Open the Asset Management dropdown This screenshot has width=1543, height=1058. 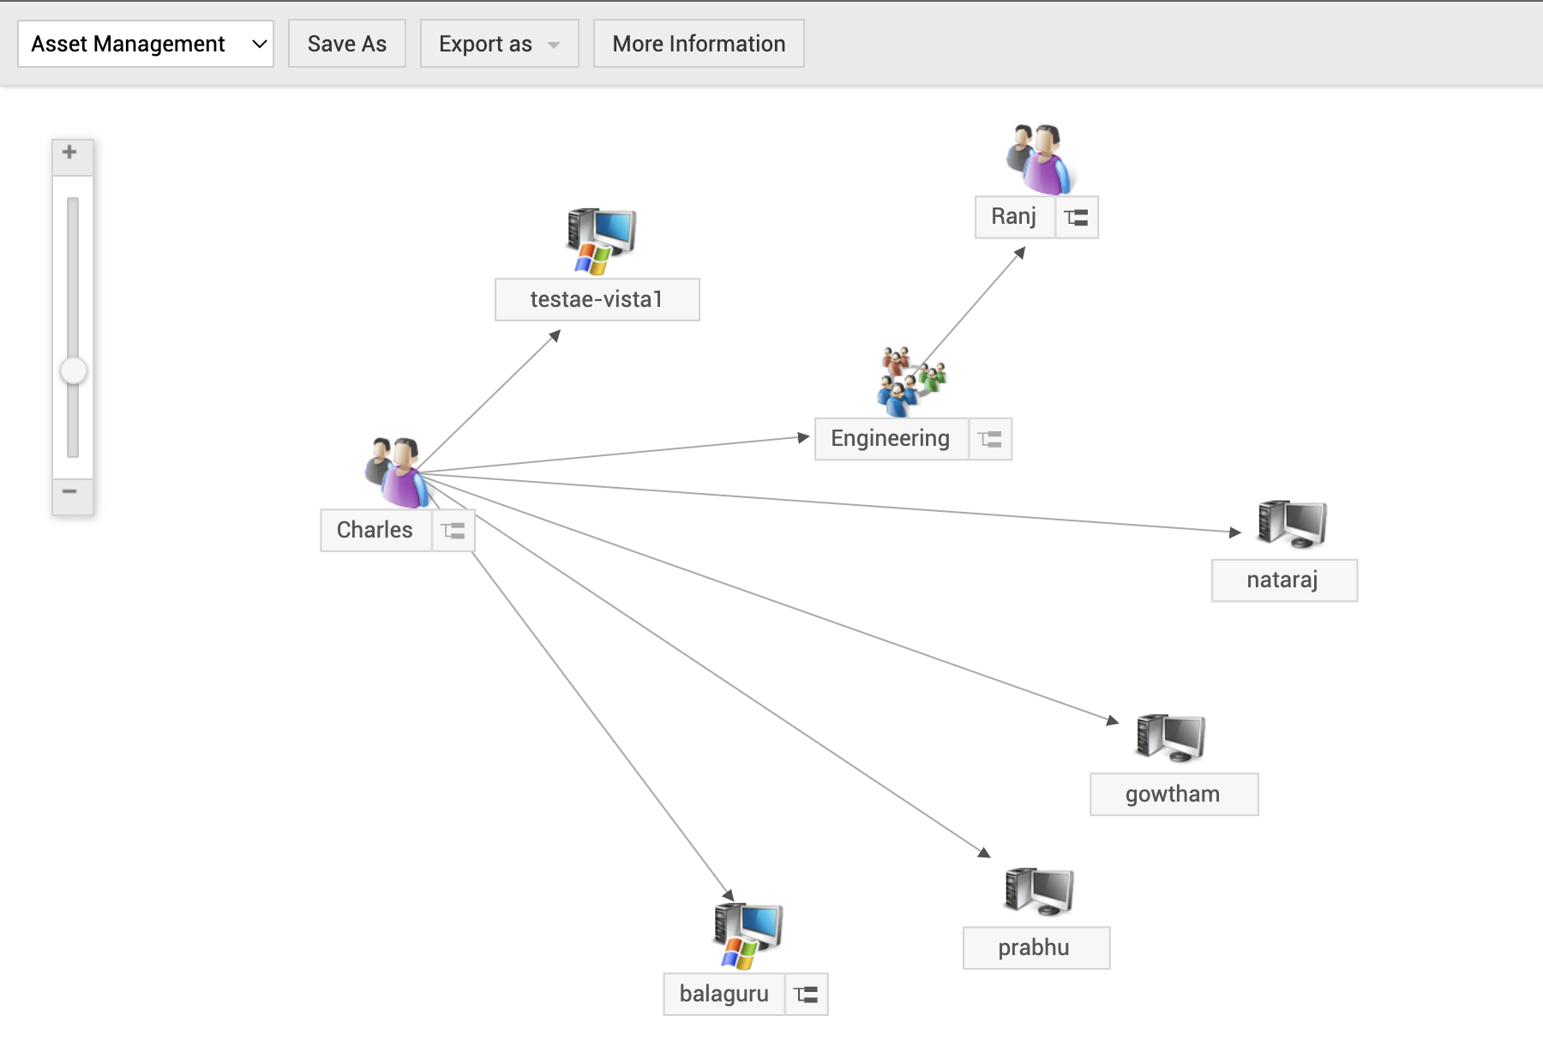(x=146, y=44)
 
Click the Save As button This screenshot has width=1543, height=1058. (x=347, y=44)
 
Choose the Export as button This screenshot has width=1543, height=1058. (x=499, y=44)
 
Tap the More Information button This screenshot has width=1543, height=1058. (x=699, y=44)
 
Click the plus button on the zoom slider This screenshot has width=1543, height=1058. (x=70, y=153)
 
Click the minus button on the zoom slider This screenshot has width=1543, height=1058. (x=70, y=492)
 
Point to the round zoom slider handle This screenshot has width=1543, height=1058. (x=74, y=371)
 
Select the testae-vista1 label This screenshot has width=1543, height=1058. (x=597, y=299)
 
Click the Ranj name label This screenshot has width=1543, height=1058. (x=1014, y=217)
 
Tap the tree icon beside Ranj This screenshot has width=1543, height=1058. (x=1077, y=218)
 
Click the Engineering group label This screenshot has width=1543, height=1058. (x=891, y=439)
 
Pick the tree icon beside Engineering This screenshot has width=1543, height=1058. (x=990, y=440)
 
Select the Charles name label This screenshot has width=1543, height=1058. (x=375, y=530)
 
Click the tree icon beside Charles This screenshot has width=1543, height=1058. (x=453, y=531)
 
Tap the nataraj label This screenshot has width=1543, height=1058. (x=1283, y=580)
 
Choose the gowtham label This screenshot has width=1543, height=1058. (x=1174, y=795)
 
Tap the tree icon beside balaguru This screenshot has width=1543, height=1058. (x=806, y=995)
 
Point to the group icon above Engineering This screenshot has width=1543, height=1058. (x=910, y=379)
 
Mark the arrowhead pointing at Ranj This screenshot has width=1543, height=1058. (x=1021, y=252)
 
